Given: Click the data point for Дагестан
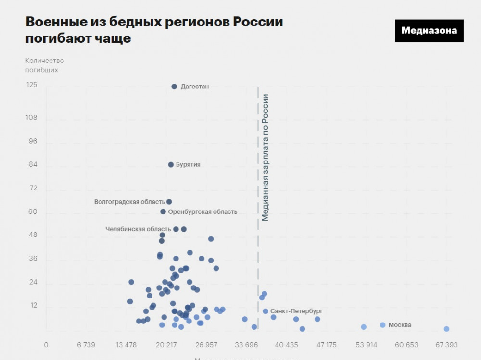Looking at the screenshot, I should (x=174, y=87).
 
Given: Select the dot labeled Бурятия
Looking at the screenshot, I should (x=171, y=164).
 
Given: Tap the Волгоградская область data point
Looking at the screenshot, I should (x=169, y=202).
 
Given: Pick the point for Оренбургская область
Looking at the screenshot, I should (x=163, y=211).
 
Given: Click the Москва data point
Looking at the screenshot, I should (x=382, y=325).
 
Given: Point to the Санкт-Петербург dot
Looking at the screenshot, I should (x=266, y=311).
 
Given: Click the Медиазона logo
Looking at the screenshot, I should (x=429, y=31).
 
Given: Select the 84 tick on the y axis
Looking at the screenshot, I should (x=33, y=165).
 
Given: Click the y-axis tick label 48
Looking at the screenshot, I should (x=33, y=236).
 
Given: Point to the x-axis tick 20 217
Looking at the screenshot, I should (x=166, y=345).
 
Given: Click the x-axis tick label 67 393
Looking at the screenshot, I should (x=446, y=345).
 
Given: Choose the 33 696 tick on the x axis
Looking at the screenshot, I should (x=246, y=345).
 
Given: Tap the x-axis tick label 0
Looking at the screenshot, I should (x=46, y=345).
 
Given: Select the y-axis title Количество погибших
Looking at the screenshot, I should (x=44, y=65).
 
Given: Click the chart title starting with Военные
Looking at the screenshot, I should (x=154, y=30).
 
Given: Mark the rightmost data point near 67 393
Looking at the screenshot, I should (x=446, y=329).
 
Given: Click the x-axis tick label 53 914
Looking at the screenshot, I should (x=367, y=345).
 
